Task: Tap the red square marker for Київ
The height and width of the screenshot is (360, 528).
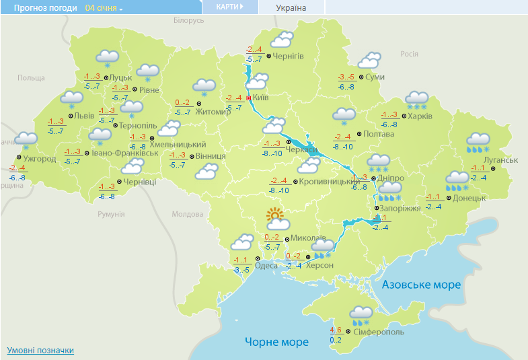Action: (249, 98)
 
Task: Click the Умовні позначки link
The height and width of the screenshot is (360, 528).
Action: (40, 351)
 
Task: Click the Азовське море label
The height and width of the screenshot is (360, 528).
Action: (421, 285)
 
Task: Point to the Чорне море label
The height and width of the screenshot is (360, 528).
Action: (276, 342)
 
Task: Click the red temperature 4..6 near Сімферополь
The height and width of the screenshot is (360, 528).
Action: (336, 330)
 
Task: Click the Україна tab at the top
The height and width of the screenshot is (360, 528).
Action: (291, 7)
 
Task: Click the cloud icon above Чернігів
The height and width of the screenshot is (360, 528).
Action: (281, 40)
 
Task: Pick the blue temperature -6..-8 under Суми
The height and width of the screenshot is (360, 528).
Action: (346, 87)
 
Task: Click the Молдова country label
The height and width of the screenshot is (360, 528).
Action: (187, 214)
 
